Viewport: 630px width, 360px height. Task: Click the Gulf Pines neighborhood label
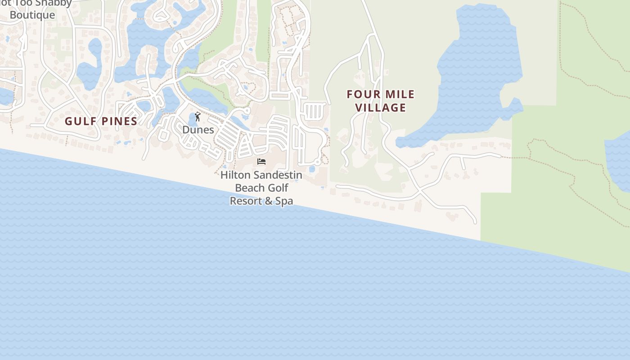[x=101, y=121]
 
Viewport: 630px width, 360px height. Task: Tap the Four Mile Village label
[x=381, y=101]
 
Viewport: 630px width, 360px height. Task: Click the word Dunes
[x=198, y=130]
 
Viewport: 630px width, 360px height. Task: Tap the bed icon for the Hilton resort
[x=261, y=162]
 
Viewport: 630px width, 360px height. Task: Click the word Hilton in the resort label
[x=235, y=175]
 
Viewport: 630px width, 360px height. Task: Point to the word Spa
[x=284, y=201]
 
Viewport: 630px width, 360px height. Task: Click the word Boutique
[x=32, y=15]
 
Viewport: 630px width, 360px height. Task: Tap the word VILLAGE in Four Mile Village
[x=381, y=108]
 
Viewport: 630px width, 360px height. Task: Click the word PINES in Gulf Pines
[x=119, y=121]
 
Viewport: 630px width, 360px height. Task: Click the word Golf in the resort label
[x=279, y=188]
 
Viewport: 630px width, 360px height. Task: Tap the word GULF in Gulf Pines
[x=81, y=121]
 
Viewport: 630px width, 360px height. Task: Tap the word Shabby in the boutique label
[x=52, y=3]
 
